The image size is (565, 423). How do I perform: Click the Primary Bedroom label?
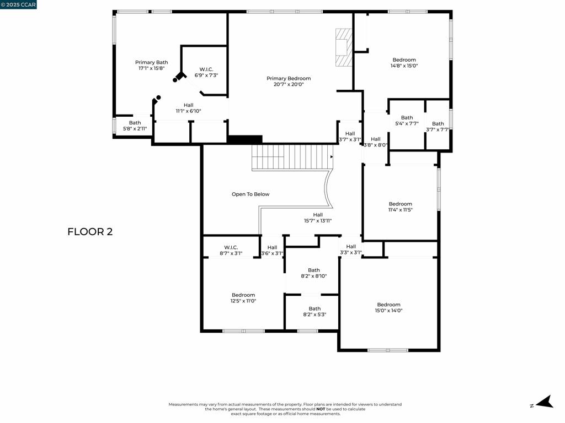[289, 78]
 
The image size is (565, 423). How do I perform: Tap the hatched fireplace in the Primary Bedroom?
[343, 47]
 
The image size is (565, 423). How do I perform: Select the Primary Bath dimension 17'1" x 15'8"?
[151, 68]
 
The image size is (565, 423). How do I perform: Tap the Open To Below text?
[250, 194]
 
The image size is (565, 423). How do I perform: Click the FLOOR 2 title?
[90, 232]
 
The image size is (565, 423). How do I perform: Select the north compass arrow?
[545, 402]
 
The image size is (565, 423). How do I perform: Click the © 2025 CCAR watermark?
[18, 4]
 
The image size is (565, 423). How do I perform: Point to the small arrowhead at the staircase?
[332, 157]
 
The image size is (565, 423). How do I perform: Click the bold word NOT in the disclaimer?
[321, 409]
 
